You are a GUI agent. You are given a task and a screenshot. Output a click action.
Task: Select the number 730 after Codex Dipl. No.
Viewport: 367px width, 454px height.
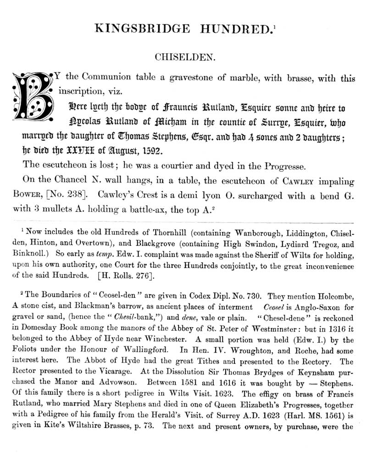(254, 296)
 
